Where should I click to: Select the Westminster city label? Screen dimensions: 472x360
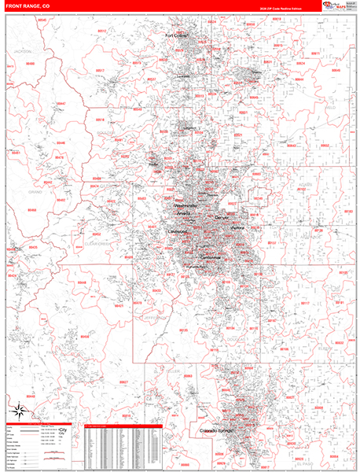click(186, 205)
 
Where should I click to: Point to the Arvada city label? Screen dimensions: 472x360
click(182, 213)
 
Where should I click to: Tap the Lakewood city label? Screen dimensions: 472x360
click(177, 232)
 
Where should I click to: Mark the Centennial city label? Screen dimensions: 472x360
click(210, 257)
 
